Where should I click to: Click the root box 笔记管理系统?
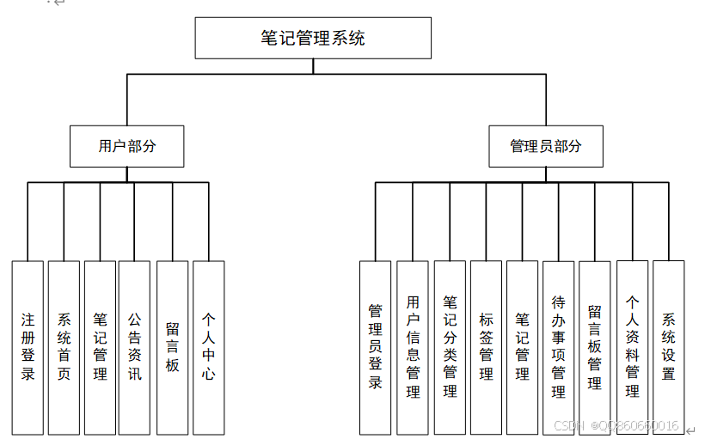pyautogui.click(x=313, y=39)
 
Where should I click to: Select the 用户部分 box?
pyautogui.click(x=126, y=146)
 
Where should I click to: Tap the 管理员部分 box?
pyautogui.click(x=545, y=146)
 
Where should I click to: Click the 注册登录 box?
pyautogui.click(x=28, y=347)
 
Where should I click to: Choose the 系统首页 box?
pyautogui.click(x=64, y=347)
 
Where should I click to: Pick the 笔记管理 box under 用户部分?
pyautogui.click(x=100, y=347)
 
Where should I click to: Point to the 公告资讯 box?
pyautogui.click(x=134, y=347)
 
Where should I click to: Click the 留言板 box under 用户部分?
pyautogui.click(x=172, y=347)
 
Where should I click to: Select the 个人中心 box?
pyautogui.click(x=208, y=347)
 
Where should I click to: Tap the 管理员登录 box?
pyautogui.click(x=375, y=347)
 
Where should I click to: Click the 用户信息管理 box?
pyautogui.click(x=413, y=347)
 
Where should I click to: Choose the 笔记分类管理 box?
pyautogui.click(x=450, y=347)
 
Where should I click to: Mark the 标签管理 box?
pyautogui.click(x=486, y=347)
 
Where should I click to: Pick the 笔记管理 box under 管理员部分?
pyautogui.click(x=522, y=347)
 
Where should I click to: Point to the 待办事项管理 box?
pyautogui.click(x=558, y=347)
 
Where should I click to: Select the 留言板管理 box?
pyautogui.click(x=594, y=347)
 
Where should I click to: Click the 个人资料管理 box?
pyautogui.click(x=632, y=347)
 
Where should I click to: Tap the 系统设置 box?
pyautogui.click(x=668, y=347)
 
